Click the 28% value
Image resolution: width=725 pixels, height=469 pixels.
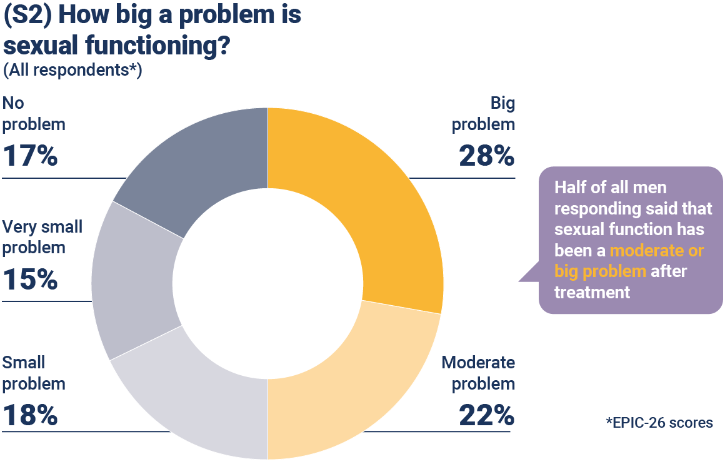point(486,155)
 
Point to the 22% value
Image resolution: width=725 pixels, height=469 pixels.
point(486,415)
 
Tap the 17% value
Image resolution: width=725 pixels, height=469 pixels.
point(30,155)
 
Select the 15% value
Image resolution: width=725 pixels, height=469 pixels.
point(30,279)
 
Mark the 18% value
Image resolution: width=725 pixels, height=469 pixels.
point(30,415)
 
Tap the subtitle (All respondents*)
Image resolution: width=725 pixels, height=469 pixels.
point(72,70)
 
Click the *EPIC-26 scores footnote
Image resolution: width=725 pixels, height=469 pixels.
point(659,423)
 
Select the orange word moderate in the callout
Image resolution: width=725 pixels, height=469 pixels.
point(656,251)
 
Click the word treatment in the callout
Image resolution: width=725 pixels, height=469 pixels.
point(592,291)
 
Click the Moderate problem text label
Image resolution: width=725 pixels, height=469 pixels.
point(478,373)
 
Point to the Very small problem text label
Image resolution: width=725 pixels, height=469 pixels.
point(42,236)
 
